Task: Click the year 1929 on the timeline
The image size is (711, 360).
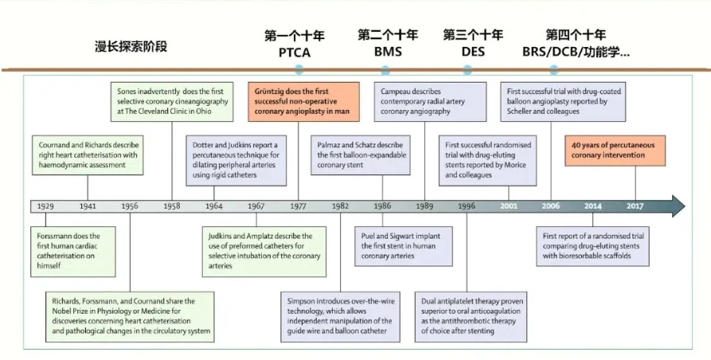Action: tap(45, 206)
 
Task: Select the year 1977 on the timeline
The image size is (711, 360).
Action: tap(298, 206)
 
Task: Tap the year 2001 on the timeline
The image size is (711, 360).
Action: tap(508, 206)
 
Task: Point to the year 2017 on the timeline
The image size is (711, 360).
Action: tap(635, 206)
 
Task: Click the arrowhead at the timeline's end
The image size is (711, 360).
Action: tap(678, 206)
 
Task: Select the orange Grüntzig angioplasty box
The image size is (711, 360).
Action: tap(304, 102)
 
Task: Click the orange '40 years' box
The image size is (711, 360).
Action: tap(615, 150)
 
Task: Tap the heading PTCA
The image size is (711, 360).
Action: tap(295, 53)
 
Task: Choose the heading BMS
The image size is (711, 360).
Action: tap(388, 52)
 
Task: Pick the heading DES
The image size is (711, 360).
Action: tap(473, 52)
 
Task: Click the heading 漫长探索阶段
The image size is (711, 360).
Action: tap(131, 46)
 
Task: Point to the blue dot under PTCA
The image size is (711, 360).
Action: tap(299, 70)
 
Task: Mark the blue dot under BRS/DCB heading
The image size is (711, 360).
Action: tap(553, 70)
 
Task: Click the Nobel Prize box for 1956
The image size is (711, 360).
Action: tap(130, 316)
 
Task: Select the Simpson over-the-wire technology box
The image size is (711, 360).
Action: tap(341, 316)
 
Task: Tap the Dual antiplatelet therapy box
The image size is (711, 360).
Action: tap(471, 316)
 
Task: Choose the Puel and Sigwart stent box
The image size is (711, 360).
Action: tap(404, 246)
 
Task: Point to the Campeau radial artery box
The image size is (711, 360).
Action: tap(430, 102)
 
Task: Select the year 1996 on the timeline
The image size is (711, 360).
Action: tap(467, 206)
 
